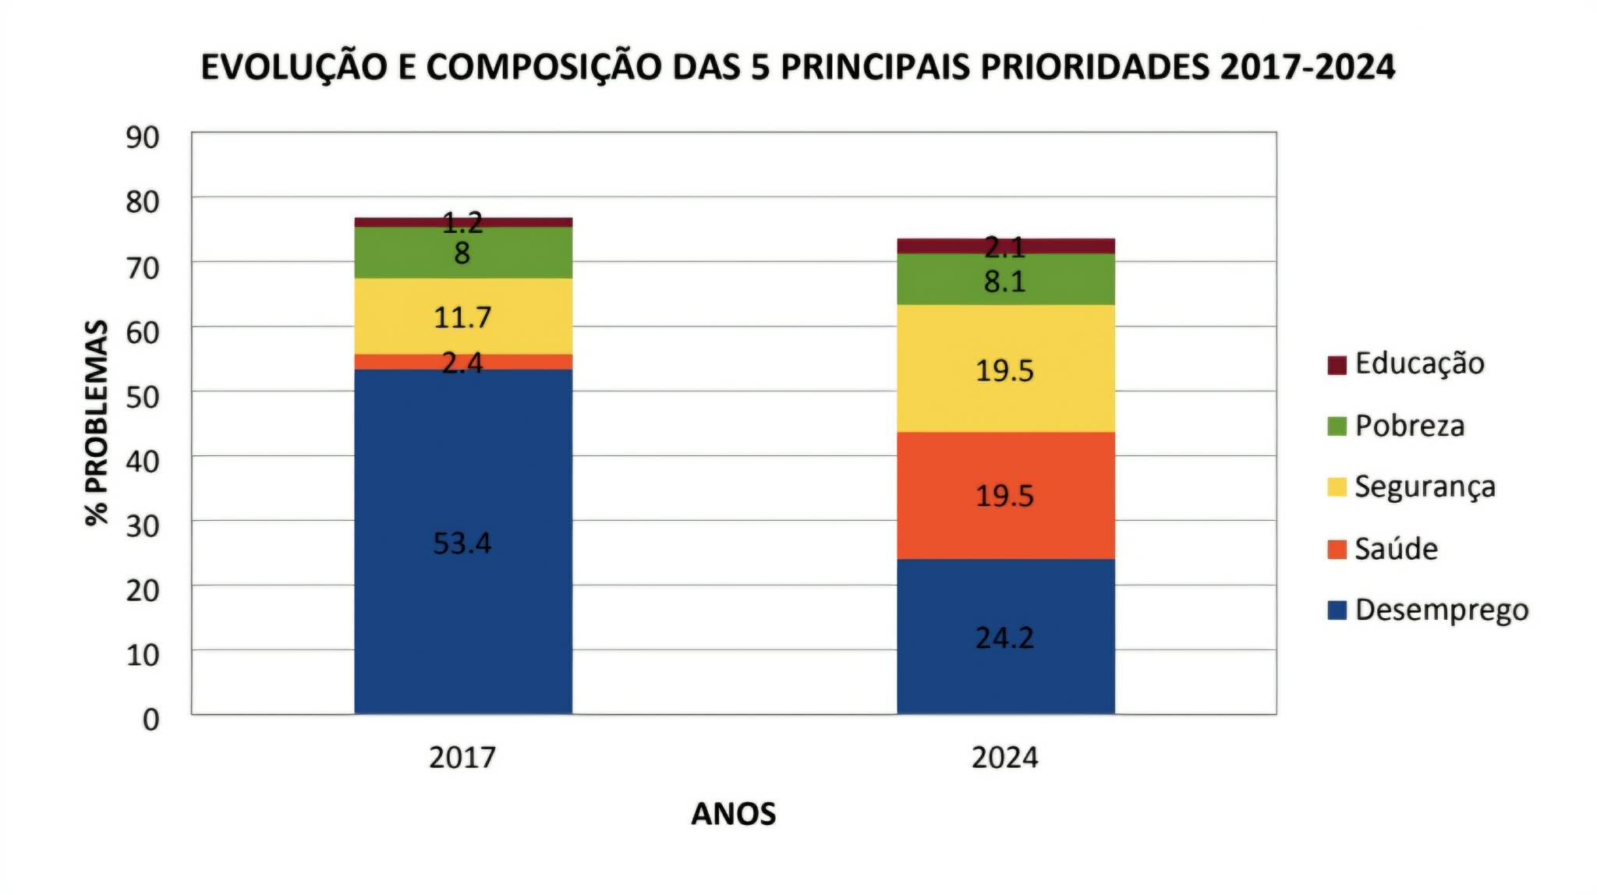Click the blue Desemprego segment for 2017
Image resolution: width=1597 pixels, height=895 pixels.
pos(462,468)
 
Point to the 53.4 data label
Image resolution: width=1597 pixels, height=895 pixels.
pos(462,543)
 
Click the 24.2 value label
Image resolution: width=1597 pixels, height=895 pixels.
pos(1004,639)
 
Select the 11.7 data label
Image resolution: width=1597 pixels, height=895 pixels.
pos(462,317)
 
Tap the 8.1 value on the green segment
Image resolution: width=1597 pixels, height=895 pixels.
pos(1004,281)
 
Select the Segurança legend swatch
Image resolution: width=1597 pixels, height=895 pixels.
pos(1337,487)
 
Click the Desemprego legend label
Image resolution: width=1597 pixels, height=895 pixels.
pos(1441,610)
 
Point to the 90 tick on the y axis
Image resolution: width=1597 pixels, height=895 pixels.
pos(142,137)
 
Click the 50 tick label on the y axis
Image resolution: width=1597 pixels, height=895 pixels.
pos(142,397)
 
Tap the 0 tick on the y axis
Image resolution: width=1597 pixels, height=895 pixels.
pos(150,720)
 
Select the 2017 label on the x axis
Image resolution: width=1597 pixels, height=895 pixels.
pos(462,758)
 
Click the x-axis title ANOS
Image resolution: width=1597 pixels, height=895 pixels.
pos(733,814)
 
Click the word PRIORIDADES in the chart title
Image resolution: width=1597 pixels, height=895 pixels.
pos(1094,67)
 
